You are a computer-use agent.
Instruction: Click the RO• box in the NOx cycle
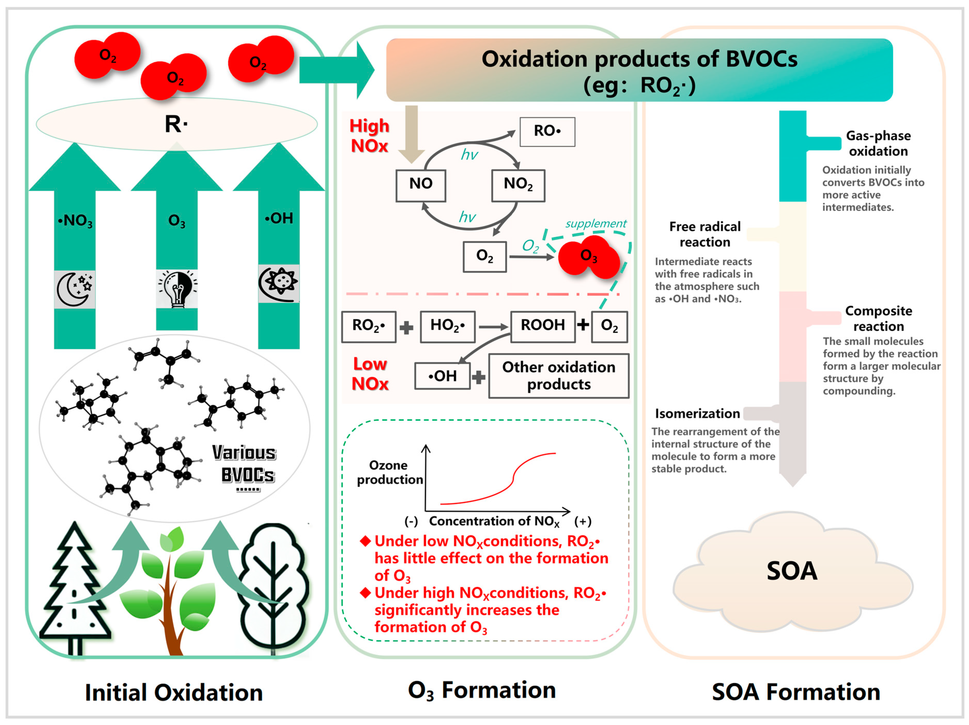tap(547, 131)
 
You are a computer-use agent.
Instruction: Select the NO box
tap(420, 185)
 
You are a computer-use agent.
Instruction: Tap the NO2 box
tap(518, 185)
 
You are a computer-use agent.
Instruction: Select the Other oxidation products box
tap(559, 376)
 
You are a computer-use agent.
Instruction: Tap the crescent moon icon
tap(74, 289)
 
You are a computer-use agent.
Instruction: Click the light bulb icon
tap(177, 288)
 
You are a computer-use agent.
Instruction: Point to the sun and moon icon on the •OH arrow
tap(279, 283)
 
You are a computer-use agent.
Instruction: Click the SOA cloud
tap(792, 572)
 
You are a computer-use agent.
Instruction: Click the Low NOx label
tap(370, 374)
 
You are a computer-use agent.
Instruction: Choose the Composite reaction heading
tap(878, 318)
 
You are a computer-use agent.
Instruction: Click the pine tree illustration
tap(74, 591)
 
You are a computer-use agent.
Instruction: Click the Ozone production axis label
tap(389, 472)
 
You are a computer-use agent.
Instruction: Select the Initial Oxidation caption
tap(174, 692)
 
